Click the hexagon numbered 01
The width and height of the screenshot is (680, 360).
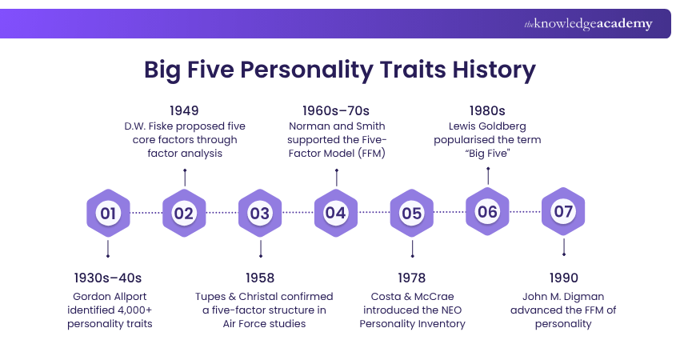tap(108, 213)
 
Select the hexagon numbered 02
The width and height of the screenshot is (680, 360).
tap(184, 213)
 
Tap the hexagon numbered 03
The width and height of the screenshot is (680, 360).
tap(260, 213)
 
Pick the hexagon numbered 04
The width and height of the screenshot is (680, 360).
tap(336, 213)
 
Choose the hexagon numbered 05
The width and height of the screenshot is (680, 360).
tap(412, 213)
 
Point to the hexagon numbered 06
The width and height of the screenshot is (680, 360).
tap(488, 213)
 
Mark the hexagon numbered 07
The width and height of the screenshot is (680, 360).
tap(564, 213)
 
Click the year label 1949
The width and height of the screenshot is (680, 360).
tap(184, 110)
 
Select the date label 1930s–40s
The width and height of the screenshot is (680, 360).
tap(107, 278)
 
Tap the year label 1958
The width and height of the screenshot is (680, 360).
tap(260, 278)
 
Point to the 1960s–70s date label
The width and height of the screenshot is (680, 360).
tap(336, 110)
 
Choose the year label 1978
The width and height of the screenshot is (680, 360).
tap(412, 278)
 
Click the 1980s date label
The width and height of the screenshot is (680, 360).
tap(488, 110)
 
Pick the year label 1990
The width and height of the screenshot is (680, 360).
tap(564, 278)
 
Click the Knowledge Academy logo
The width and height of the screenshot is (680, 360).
tap(588, 24)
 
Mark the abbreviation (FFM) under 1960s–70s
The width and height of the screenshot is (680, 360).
tap(370, 154)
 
